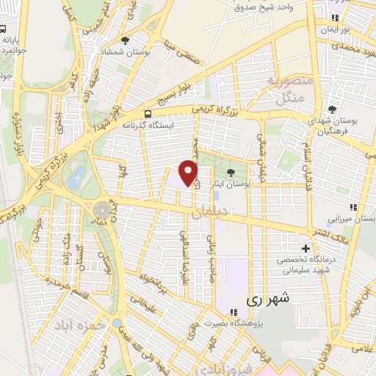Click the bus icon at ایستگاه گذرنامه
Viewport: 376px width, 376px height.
[x=148, y=114]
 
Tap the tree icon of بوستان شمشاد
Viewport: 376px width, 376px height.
[x=126, y=40]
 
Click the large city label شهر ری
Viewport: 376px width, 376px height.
[x=265, y=299]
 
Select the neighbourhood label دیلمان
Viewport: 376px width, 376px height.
[x=208, y=213]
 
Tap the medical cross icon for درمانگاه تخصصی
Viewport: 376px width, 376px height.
[x=306, y=248]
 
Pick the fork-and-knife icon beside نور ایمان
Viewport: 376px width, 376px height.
[x=335, y=18]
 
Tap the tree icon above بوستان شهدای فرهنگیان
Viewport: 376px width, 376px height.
[x=331, y=108]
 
